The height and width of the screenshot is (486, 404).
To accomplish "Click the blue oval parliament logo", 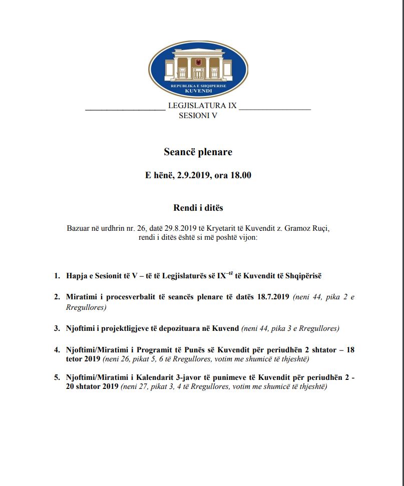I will (x=198, y=69).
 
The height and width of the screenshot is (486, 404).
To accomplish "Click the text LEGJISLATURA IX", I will (x=202, y=105).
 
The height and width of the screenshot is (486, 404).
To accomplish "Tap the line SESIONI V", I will (x=198, y=115).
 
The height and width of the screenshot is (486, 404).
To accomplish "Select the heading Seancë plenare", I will (x=198, y=152).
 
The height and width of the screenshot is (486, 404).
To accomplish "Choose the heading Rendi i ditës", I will (x=198, y=207).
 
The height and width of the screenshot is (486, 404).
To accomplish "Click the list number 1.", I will (x=57, y=276).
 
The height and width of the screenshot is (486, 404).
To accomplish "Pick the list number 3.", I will (x=57, y=328).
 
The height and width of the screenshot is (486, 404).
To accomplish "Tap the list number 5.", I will (x=57, y=377).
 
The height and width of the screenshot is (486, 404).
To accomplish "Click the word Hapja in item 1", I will (x=77, y=276).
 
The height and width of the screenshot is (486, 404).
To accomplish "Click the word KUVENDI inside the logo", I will (x=198, y=91).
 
